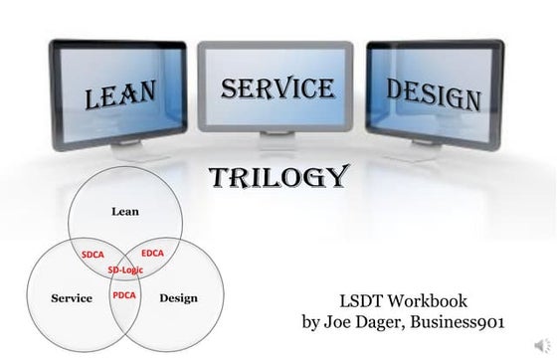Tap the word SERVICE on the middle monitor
pos(277,89)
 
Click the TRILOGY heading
pos(278,178)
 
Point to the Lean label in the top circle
pos(124,210)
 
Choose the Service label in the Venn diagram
pos(72,297)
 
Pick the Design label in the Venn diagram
pos(178,297)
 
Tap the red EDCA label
pos(153,253)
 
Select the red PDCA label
pos(124,295)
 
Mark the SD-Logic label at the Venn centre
pos(123,270)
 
